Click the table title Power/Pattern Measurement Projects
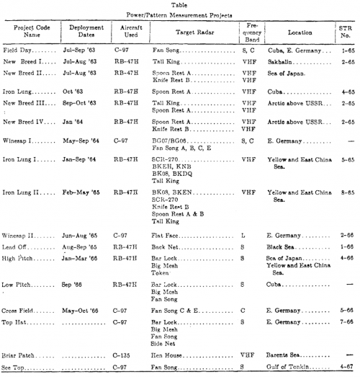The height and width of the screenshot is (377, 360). pos(180,14)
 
